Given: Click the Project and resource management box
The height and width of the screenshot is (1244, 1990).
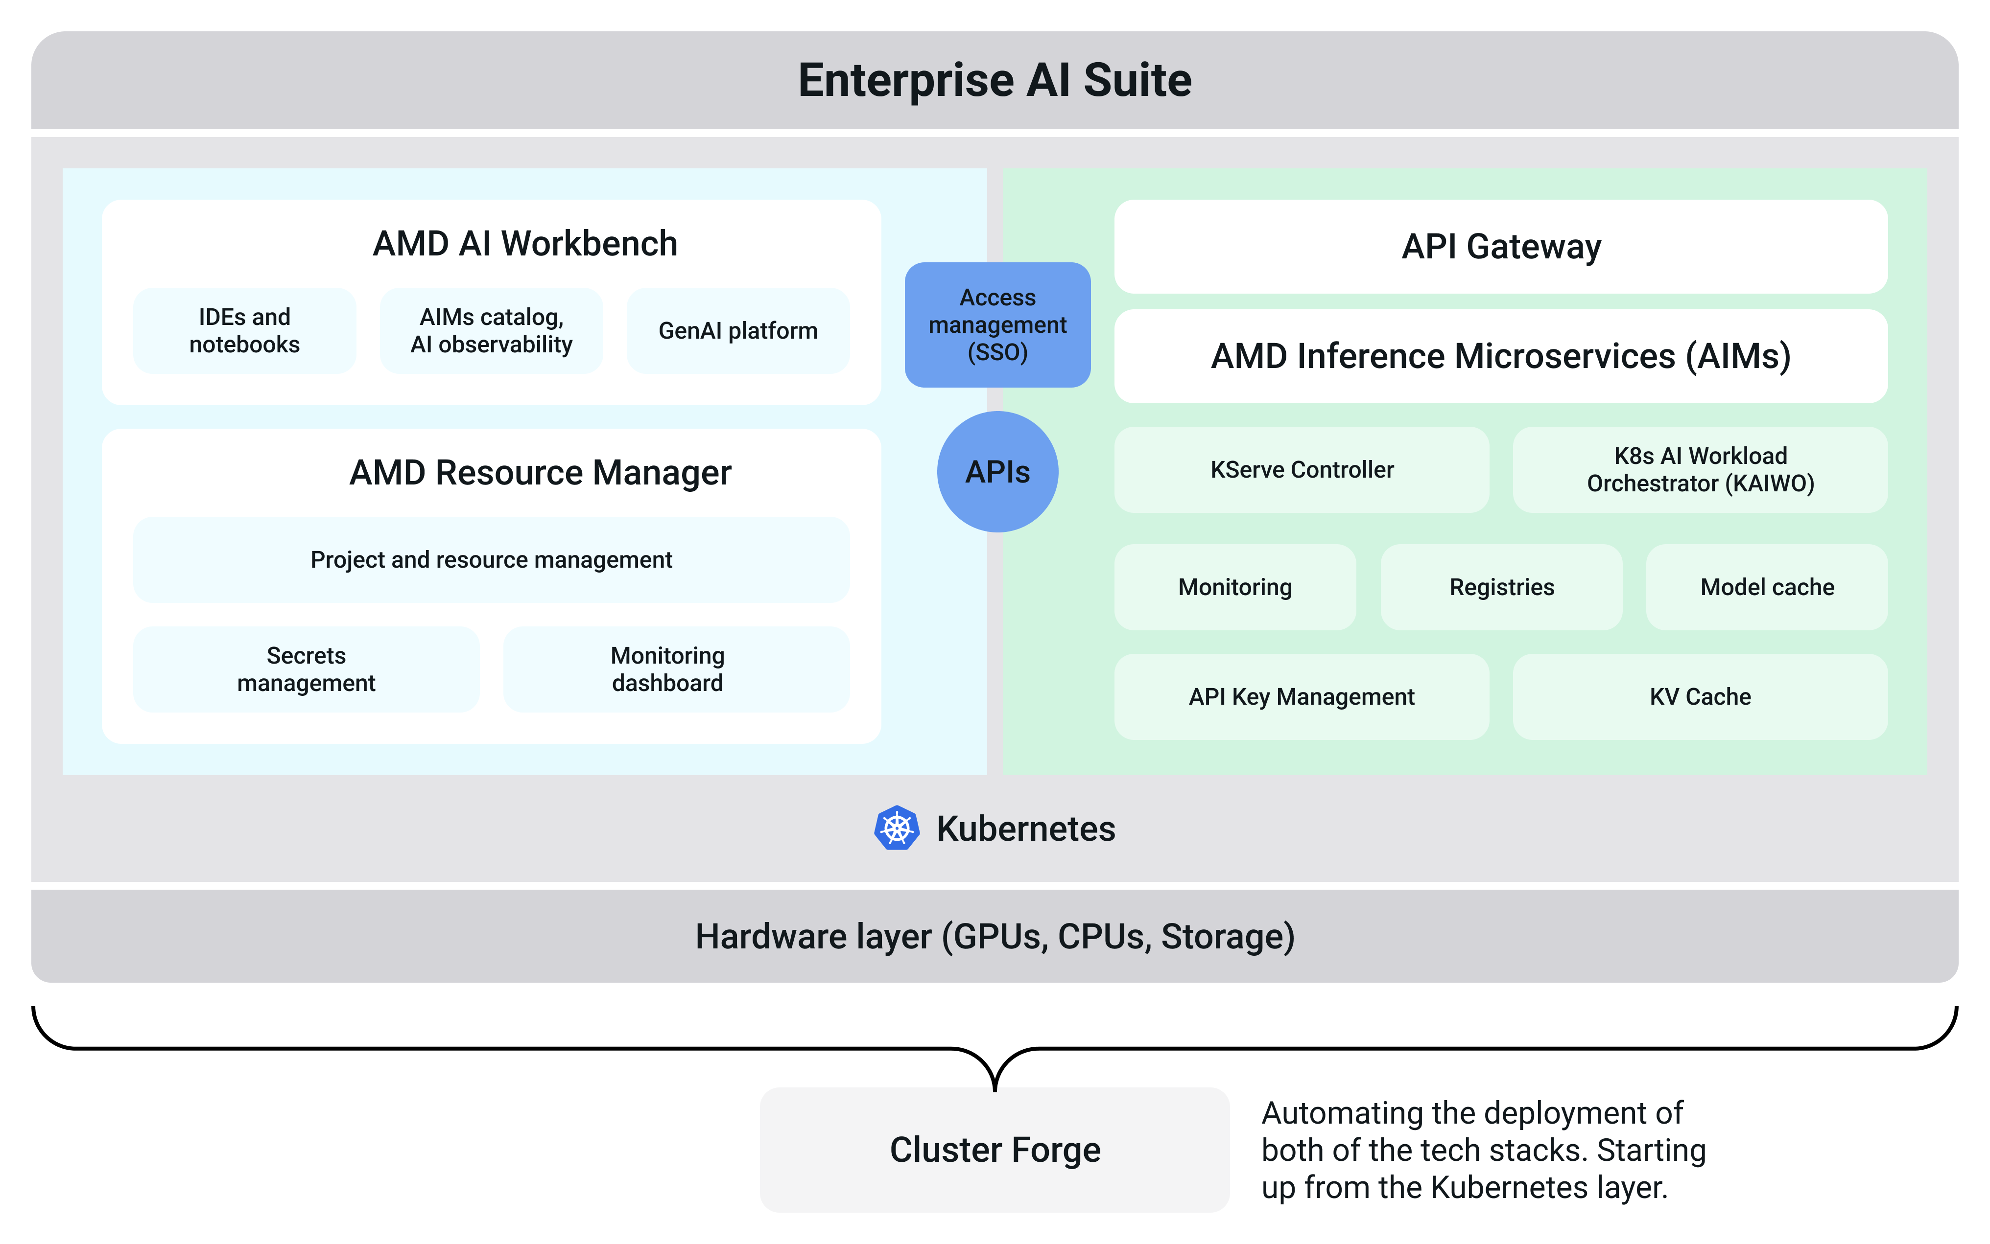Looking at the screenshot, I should pos(491,559).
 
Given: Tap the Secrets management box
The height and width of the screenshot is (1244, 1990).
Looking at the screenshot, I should pos(306,669).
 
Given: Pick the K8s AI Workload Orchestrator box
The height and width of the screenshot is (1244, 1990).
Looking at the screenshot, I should pos(1700,470).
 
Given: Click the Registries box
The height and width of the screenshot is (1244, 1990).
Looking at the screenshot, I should pos(1501,587).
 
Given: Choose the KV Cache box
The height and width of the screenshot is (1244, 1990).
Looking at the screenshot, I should pos(1700,697).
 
